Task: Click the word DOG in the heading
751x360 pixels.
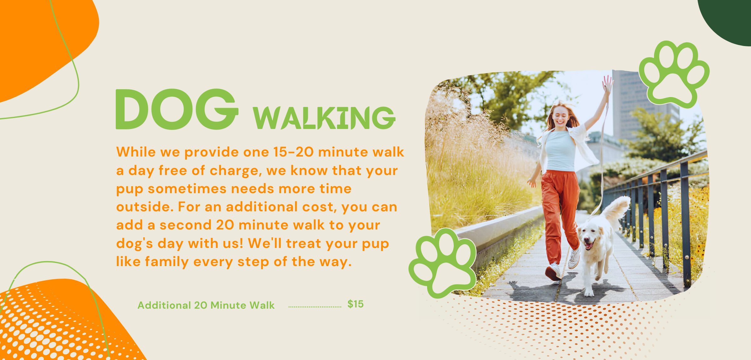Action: tap(177, 109)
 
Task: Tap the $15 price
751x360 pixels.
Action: tap(355, 304)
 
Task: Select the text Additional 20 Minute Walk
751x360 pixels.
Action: tap(206, 305)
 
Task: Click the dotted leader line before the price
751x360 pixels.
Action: tap(315, 307)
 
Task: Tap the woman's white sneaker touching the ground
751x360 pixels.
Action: tap(553, 272)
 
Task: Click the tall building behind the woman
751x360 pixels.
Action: tap(629, 103)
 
